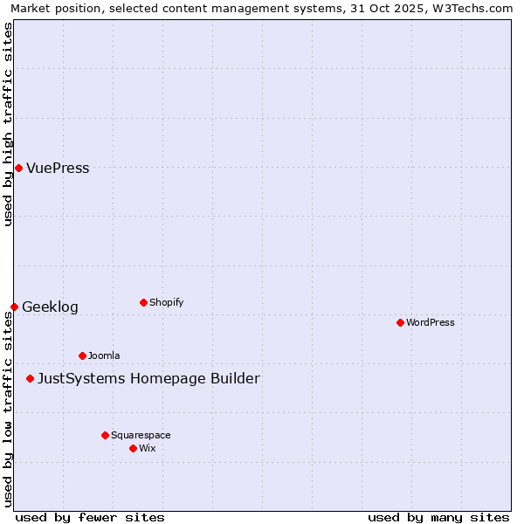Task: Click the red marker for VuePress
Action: (18, 168)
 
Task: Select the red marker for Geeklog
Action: (14, 307)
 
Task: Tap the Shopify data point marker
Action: (143, 302)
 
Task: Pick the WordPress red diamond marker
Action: (400, 322)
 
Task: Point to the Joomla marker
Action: (82, 355)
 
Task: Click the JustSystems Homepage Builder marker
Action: (30, 378)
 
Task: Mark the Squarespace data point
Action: (105, 435)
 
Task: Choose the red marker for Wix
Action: (133, 448)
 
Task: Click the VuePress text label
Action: (58, 169)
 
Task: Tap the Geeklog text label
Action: (50, 307)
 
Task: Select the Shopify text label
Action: (166, 303)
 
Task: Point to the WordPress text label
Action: (431, 323)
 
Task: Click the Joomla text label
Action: (104, 356)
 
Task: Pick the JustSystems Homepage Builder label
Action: (148, 379)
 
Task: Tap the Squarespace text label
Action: (141, 436)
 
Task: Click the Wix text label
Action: (147, 449)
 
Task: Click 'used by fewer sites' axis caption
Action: (90, 517)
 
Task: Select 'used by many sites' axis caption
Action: (438, 517)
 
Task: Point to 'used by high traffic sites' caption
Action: (9, 124)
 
